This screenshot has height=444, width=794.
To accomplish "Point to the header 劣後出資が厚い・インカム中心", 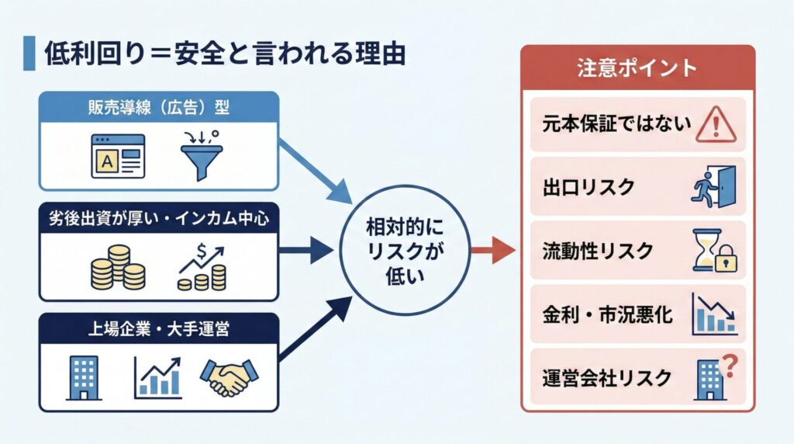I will (158, 219).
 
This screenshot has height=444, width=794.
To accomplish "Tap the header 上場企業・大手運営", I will (158, 329).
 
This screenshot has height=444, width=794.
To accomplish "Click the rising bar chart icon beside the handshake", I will (157, 376).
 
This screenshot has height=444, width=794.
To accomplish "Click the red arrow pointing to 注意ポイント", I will (493, 251).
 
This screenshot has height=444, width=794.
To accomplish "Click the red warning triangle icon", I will (714, 123).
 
